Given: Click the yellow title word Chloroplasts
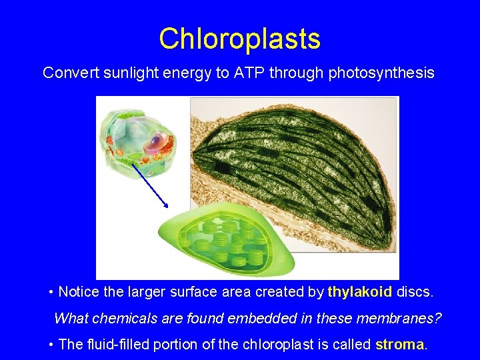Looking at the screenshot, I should (239, 39).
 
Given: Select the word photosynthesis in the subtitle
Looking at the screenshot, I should (381, 73).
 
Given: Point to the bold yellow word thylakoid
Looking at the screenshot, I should (360, 292).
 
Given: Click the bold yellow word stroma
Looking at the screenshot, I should (400, 344).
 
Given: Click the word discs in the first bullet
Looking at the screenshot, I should (413, 292).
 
